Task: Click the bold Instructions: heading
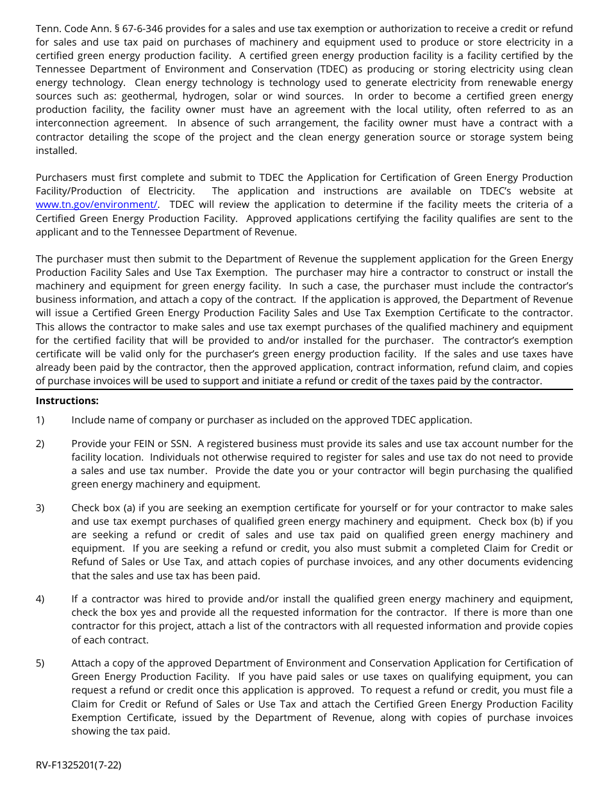[67, 400]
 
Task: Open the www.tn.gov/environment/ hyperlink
[96, 205]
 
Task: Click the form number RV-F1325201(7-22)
[78, 765]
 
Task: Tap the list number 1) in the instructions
[40, 420]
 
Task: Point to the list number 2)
[40, 444]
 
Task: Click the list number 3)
[40, 508]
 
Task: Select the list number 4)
[40, 599]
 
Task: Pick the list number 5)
[40, 663]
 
